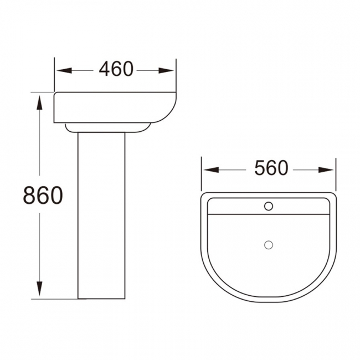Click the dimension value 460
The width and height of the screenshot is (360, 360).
click(116, 70)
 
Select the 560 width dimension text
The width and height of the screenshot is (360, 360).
click(271, 168)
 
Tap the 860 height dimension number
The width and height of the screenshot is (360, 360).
click(42, 195)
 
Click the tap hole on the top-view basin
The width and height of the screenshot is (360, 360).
click(269, 207)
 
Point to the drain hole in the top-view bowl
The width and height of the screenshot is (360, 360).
click(269, 244)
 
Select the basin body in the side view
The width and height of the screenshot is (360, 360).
click(111, 108)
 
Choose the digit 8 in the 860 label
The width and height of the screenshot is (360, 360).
click(30, 195)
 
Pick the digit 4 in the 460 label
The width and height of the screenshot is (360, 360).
click(104, 70)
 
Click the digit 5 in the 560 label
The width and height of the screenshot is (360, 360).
click(260, 168)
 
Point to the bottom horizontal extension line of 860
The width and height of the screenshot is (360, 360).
click(55, 299)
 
